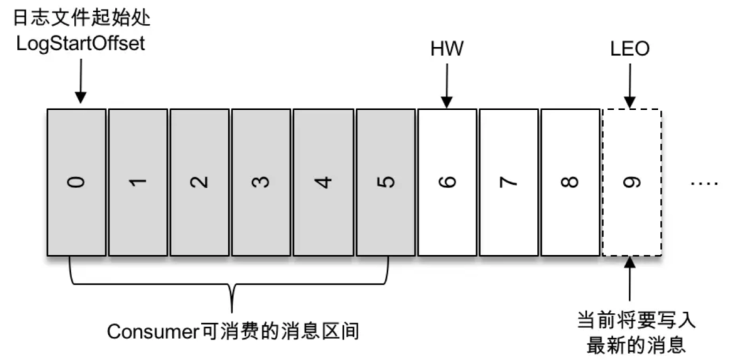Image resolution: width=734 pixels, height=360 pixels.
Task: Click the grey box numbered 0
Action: pos(77,182)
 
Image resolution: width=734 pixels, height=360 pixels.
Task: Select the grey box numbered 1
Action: pos(138,182)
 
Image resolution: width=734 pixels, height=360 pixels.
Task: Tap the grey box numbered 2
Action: pos(200,182)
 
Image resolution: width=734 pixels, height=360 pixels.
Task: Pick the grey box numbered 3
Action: pos(261,182)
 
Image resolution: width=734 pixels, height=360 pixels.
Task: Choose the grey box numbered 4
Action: pos(323,182)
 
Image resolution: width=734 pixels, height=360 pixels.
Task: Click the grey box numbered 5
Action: pos(385,182)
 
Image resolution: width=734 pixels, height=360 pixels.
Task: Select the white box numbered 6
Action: pos(447,182)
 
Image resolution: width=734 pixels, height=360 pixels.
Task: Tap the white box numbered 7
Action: pos(508,182)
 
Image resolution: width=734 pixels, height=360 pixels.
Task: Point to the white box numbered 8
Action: pos(570,182)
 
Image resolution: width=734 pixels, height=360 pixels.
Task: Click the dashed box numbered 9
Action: pos(631,182)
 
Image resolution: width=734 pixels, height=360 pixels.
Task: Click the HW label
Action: pos(447,50)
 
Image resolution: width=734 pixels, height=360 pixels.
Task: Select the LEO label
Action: pos(631,50)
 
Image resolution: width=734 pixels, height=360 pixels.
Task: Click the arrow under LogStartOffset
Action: pos(80,82)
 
